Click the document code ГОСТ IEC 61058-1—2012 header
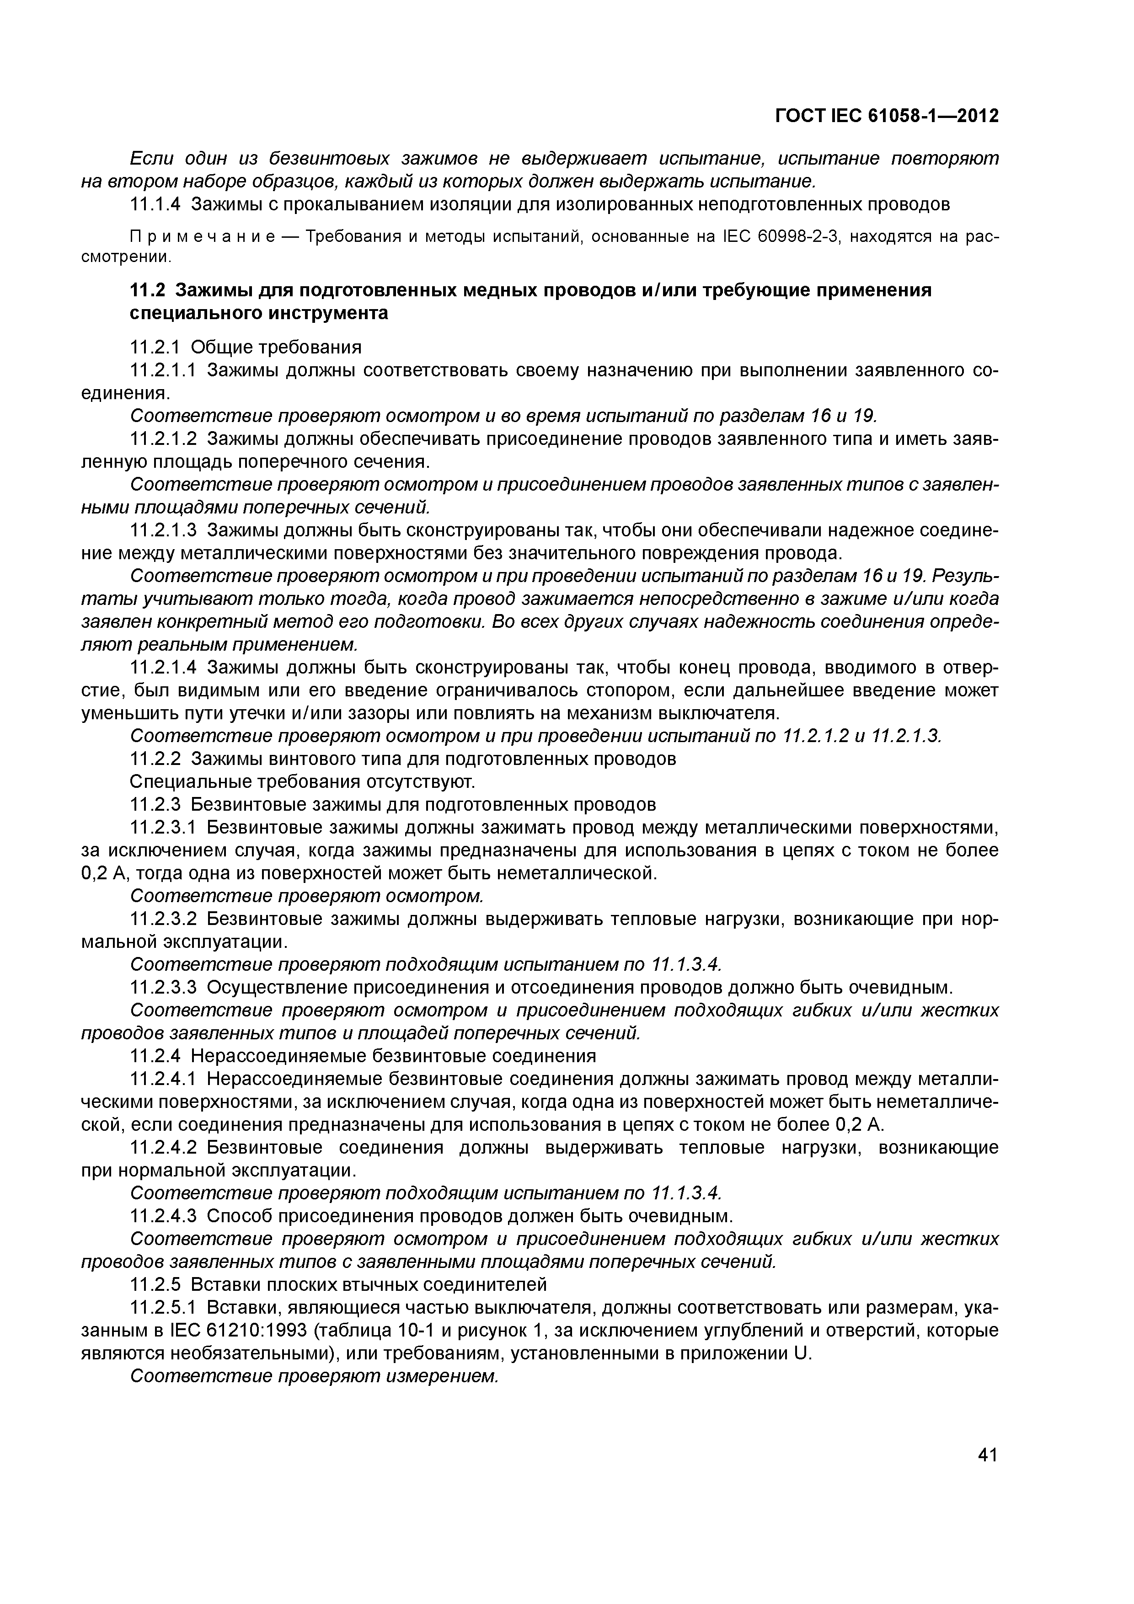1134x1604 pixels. pyautogui.click(x=887, y=116)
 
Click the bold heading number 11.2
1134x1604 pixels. pyautogui.click(x=149, y=290)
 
